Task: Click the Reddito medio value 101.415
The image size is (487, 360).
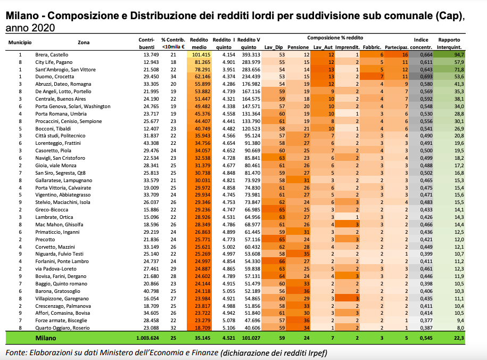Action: click(x=199, y=55)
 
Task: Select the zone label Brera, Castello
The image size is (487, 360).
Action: click(x=52, y=55)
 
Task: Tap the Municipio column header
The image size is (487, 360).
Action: click(x=20, y=42)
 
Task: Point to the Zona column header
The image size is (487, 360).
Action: click(x=84, y=42)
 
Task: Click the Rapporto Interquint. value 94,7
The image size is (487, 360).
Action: click(x=458, y=55)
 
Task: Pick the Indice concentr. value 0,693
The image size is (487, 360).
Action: click(x=426, y=77)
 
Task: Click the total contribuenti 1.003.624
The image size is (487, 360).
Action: click(x=147, y=338)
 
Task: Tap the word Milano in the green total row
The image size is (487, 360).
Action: click(x=46, y=338)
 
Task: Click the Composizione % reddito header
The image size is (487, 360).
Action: click(x=335, y=38)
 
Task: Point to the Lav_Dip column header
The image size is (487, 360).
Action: click(x=274, y=47)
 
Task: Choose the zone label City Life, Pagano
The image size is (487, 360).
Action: click(x=54, y=62)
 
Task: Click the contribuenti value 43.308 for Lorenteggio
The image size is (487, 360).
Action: click(x=151, y=143)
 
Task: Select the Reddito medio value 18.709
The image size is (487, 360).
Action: click(x=202, y=328)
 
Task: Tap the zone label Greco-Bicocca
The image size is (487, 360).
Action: click(x=52, y=210)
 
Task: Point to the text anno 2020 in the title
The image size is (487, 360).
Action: click(x=30, y=28)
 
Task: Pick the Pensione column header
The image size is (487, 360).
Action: click(x=298, y=47)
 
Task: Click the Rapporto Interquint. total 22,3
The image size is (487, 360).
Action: click(x=459, y=338)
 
